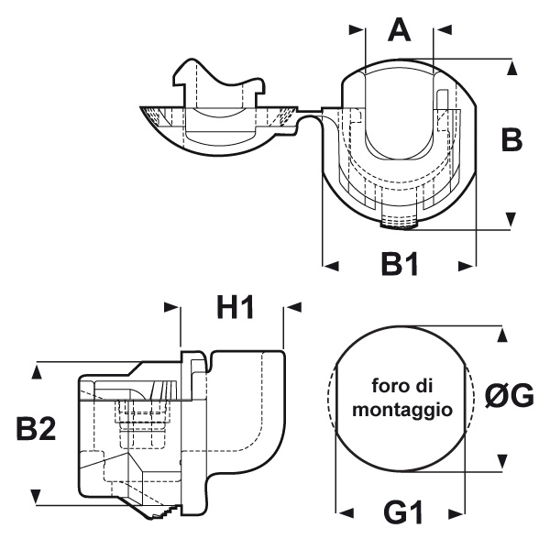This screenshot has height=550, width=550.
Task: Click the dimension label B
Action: (511, 139)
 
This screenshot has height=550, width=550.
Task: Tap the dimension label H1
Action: (235, 308)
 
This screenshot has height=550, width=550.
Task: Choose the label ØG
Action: (509, 396)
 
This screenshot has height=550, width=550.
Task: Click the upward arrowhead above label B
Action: (511, 67)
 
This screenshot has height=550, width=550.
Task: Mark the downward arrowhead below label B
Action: (511, 218)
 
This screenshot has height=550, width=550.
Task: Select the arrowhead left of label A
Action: (357, 30)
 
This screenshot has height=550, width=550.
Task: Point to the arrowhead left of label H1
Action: (171, 308)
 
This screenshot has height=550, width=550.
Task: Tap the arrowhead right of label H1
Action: (293, 308)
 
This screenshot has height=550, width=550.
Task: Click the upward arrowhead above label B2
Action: (36, 369)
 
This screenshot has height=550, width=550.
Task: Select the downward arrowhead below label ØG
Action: (502, 460)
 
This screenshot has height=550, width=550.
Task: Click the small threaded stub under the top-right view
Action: (397, 221)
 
